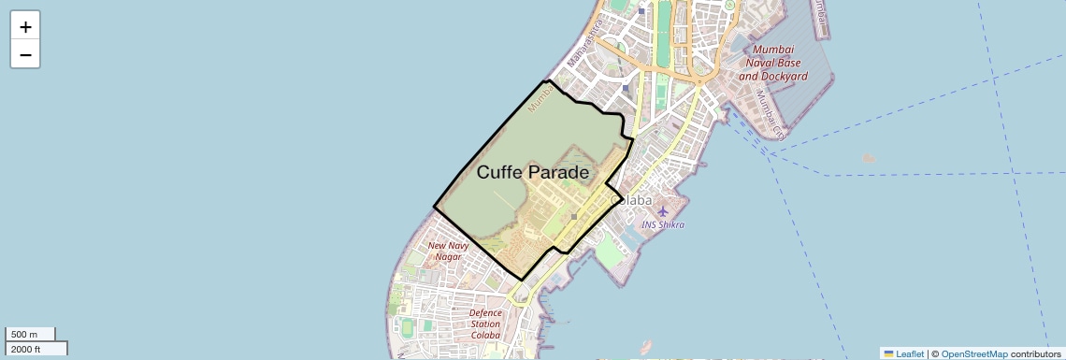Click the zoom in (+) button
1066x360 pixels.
point(25,27)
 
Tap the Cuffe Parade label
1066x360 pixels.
point(533,172)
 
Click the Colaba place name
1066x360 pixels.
point(631,200)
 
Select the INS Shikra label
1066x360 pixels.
point(663,225)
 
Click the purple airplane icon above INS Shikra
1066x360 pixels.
point(663,210)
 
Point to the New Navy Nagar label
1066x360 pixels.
point(448,252)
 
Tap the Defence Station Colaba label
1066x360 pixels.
point(485,324)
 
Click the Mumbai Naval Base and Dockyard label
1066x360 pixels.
point(772,63)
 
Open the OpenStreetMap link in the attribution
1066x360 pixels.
point(973,354)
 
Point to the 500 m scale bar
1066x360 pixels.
point(30,335)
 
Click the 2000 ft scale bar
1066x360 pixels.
point(36,349)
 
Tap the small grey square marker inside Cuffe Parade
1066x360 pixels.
point(574,216)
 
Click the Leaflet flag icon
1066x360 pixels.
point(888,354)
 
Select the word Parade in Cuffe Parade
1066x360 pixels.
point(557,172)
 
